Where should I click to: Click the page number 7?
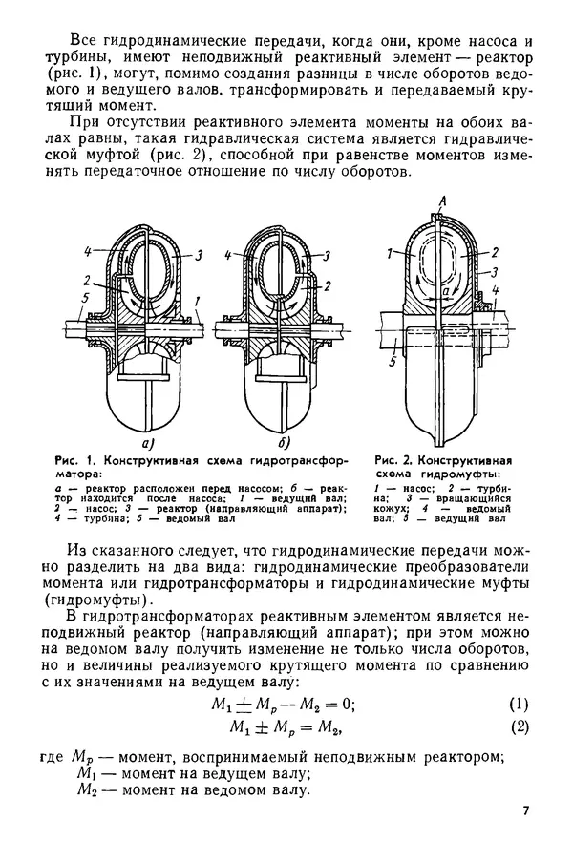526,811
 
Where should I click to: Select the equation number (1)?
519,705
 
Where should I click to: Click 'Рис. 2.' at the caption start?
393,458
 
